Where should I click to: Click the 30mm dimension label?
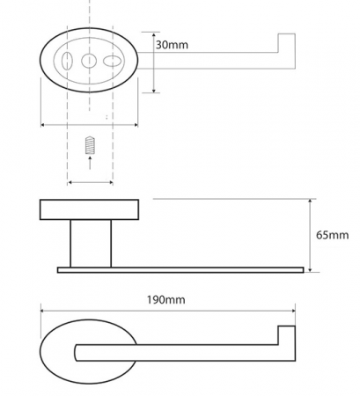[172, 45]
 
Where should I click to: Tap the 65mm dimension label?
[333, 235]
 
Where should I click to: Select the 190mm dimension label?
[166, 300]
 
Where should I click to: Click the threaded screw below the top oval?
[90, 145]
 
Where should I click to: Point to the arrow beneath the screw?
[90, 163]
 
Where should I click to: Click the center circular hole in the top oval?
[89, 61]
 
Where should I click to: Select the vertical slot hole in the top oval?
[67, 61]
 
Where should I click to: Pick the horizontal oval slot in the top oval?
[112, 62]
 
